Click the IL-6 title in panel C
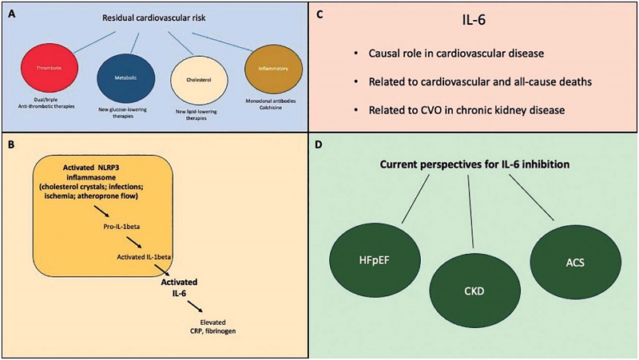point(478,22)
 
